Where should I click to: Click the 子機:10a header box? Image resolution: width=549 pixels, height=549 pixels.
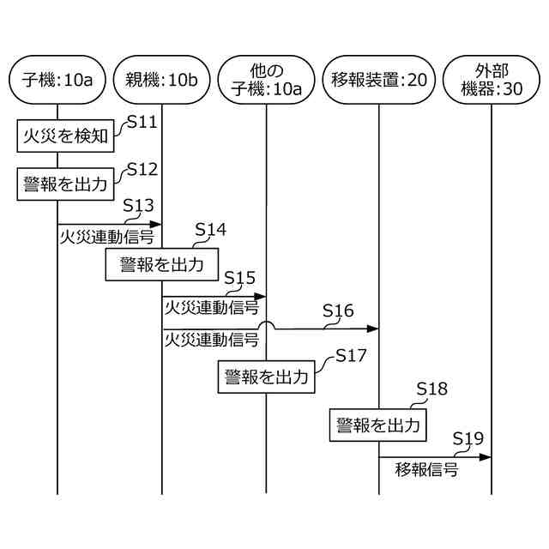[x=57, y=81]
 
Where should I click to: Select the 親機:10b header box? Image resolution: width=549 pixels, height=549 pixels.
[x=161, y=81]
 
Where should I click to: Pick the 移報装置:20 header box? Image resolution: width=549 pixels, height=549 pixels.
[x=378, y=81]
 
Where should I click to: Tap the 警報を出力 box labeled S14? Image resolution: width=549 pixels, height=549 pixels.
[x=161, y=264]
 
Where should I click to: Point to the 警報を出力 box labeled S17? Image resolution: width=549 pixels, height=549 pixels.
[x=266, y=376]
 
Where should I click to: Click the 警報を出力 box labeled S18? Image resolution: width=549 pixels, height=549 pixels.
[x=378, y=425]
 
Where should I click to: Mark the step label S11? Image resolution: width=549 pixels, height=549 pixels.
[x=142, y=122]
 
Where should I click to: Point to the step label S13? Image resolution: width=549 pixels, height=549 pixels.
[x=138, y=206]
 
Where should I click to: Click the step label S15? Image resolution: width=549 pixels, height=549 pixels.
[x=239, y=278]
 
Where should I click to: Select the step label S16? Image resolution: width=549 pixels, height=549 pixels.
[x=338, y=310]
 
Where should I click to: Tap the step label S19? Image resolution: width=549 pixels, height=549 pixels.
[x=468, y=438]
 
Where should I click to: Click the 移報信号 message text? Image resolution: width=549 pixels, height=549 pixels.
[x=426, y=470]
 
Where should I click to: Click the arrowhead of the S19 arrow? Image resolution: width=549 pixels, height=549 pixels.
[x=486, y=456]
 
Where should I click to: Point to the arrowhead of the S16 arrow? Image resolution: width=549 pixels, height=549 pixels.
[x=373, y=328]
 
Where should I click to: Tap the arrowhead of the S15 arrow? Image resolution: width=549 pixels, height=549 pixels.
[x=261, y=296]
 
